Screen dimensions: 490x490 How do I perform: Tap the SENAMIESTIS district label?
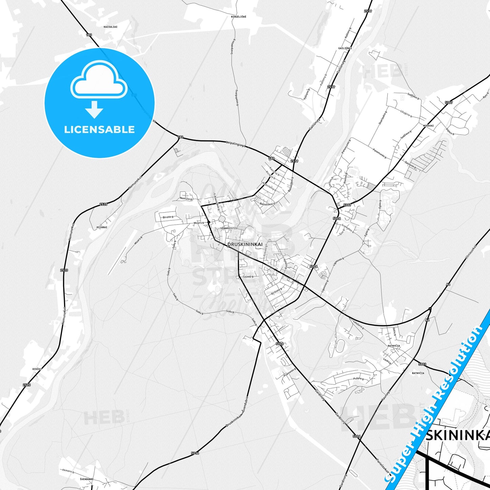tap(229, 228)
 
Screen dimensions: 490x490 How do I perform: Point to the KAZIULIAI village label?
tap(111, 26)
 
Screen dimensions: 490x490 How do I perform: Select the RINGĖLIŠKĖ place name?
tap(239, 16)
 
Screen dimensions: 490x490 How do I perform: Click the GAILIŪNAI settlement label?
tap(345, 48)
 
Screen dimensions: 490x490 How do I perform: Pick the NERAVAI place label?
tap(428, 125)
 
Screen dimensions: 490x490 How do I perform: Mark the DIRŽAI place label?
tap(37, 369)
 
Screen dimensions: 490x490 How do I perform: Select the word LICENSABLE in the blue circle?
tap(99, 130)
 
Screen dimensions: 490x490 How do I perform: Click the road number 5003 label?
tap(422, 365)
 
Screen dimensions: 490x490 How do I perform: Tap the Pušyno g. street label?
tap(359, 379)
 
